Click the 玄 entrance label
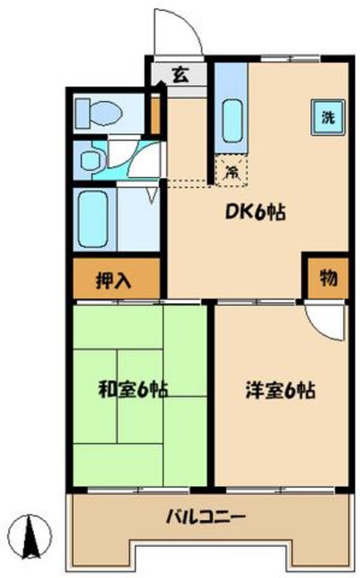[180, 76]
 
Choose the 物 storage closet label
[327, 278]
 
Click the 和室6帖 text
[133, 390]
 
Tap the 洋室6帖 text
[280, 391]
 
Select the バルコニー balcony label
[206, 517]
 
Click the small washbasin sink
[91, 160]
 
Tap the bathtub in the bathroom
[95, 219]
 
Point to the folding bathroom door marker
[151, 194]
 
